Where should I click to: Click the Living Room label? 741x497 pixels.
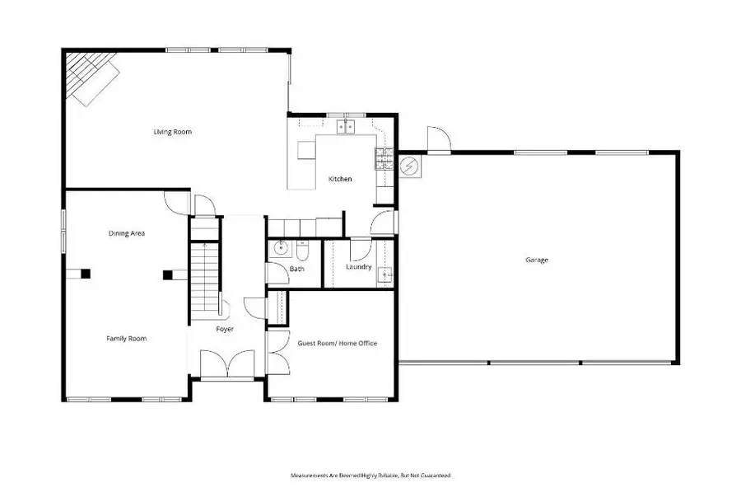coord(173,132)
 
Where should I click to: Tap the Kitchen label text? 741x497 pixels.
coord(340,179)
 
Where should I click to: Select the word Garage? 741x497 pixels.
coord(537,260)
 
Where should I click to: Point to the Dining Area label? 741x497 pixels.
coord(127,233)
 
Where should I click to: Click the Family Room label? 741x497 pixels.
coord(126,338)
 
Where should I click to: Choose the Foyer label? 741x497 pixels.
coord(225,329)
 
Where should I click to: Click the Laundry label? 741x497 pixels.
coord(358,267)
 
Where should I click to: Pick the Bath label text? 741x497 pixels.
coord(297,270)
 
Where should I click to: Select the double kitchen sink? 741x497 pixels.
coord(344,126)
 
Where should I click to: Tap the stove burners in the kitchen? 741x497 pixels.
coord(382,158)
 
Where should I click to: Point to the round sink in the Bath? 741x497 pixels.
coord(280,246)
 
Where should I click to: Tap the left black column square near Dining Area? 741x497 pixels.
coord(85,274)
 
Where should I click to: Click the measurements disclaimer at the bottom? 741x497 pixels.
coord(370,476)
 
